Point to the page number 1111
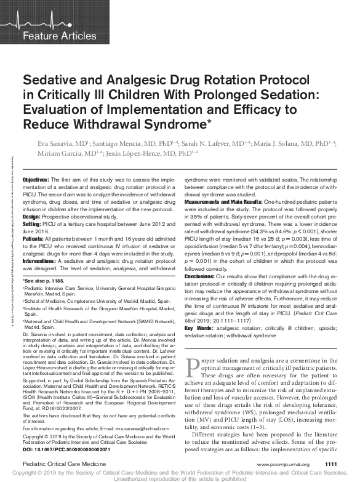(331, 464)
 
